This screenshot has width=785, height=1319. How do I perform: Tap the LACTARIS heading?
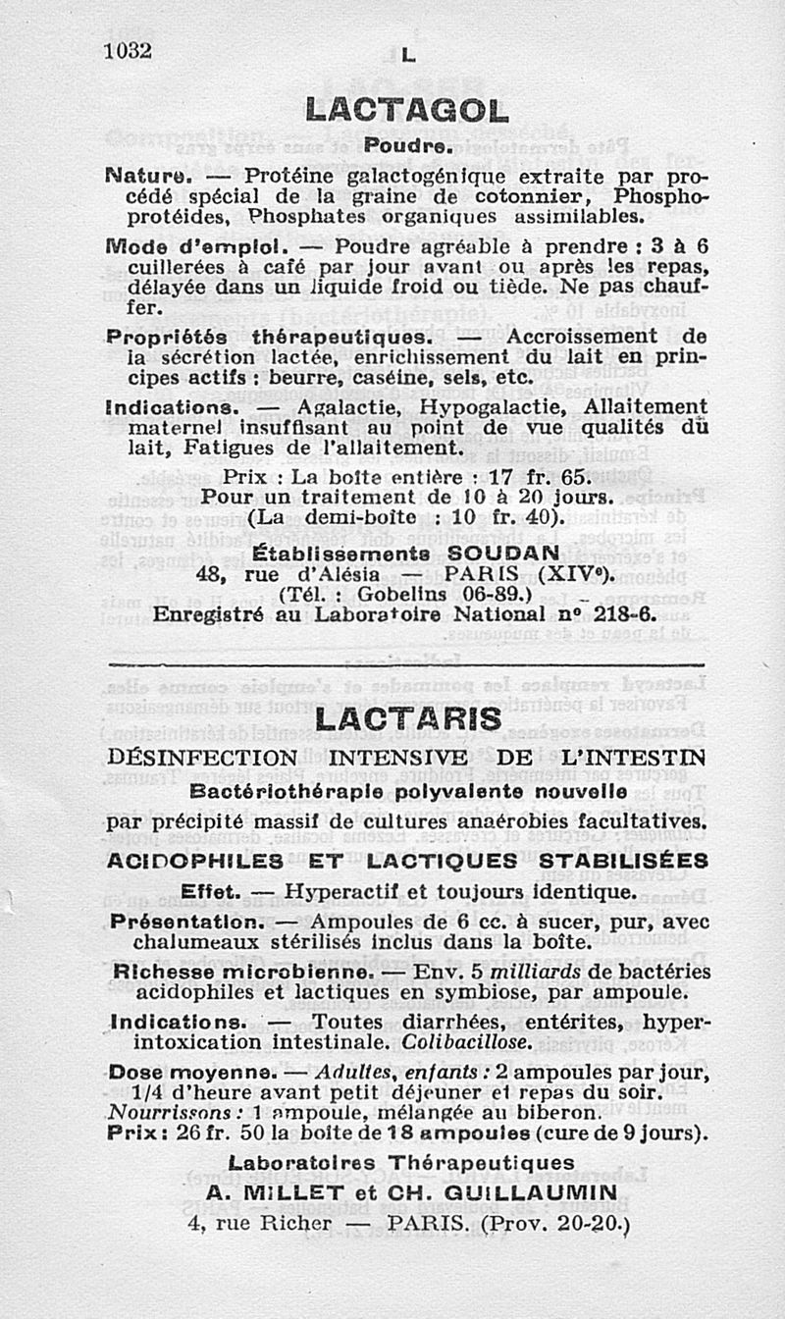tap(408, 719)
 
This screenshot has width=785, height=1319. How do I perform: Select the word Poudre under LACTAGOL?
tap(406, 147)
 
